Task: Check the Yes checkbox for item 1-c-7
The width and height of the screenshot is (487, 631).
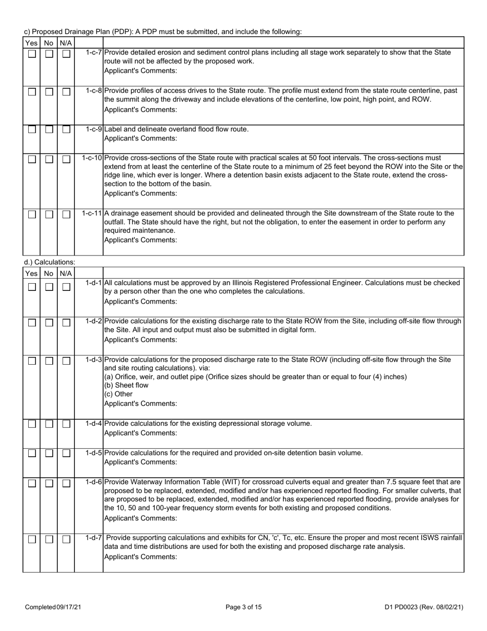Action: [x=32, y=54]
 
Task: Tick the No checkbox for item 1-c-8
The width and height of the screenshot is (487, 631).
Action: [x=49, y=92]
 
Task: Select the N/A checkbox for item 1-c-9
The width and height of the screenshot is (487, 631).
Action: [x=66, y=130]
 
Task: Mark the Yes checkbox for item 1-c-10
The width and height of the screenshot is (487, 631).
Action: [x=32, y=159]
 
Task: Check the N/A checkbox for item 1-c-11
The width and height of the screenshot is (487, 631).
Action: [x=66, y=214]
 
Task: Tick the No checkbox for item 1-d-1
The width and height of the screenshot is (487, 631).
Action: [x=49, y=287]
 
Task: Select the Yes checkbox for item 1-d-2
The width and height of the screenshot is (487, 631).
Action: [x=32, y=323]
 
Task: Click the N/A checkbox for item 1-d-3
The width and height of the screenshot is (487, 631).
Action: [x=66, y=361]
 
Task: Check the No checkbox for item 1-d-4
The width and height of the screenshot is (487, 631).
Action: [x=49, y=424]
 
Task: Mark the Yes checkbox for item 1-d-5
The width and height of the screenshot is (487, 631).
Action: [x=32, y=453]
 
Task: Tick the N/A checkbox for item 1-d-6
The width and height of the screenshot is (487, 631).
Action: [x=66, y=483]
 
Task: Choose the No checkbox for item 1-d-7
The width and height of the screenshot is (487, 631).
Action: [x=49, y=539]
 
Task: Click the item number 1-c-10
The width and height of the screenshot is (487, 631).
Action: [x=92, y=157]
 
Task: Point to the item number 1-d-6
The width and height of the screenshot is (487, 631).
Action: [x=94, y=482]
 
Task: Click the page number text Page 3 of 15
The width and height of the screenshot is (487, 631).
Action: [x=243, y=607]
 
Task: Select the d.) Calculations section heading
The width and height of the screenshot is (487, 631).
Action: [x=49, y=262]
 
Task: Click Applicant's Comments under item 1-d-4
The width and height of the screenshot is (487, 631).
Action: [x=140, y=433]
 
